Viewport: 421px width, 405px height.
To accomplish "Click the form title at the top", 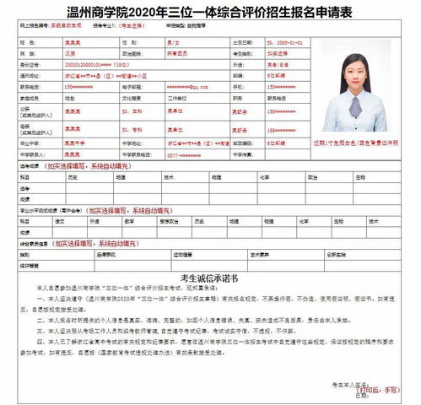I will [210, 11].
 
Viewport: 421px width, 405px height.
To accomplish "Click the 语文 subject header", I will [60, 221].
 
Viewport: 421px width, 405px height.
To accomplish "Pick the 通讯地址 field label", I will [29, 74].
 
